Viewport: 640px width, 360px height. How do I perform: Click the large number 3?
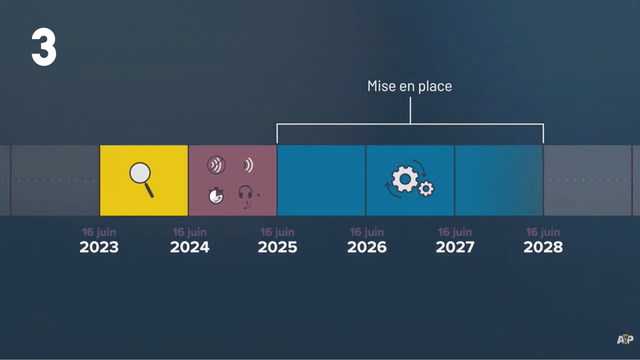pos(44,47)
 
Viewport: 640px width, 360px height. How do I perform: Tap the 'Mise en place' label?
pos(410,86)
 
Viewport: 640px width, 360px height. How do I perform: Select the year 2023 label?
pos(99,247)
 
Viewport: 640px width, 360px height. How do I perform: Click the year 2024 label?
pos(190,247)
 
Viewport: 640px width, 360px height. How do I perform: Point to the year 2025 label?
pos(278,247)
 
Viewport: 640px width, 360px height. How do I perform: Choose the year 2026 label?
pos(367,247)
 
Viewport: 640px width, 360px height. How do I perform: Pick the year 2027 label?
pos(455,247)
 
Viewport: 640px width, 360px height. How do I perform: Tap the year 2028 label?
pos(543,247)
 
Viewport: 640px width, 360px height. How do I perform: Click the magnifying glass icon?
pos(142,180)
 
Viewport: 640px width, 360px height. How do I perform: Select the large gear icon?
pos(405,179)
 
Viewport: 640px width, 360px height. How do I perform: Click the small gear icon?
pos(426,188)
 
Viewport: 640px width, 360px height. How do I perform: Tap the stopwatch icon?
pos(216,196)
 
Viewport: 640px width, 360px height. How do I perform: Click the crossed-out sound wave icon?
pos(216,165)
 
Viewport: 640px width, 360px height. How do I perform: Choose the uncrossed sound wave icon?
pos(248,165)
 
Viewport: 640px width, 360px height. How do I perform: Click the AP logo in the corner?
pos(625,339)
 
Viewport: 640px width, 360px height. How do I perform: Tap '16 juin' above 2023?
pos(99,232)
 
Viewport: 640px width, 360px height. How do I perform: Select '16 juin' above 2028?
pos(543,232)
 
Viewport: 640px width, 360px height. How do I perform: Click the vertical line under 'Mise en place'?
pos(410,110)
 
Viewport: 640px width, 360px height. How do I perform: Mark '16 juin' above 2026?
pos(367,232)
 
